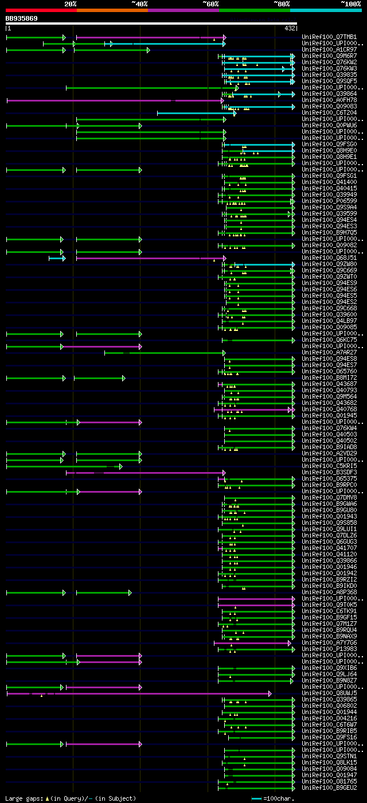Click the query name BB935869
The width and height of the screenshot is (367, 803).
point(22,18)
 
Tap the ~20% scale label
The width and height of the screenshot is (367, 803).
point(70,3)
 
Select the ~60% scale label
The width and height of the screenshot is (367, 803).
point(210,3)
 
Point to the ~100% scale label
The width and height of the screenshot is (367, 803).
point(350,3)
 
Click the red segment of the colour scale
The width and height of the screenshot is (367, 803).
point(41,10)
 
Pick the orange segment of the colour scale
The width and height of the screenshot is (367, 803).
point(112,10)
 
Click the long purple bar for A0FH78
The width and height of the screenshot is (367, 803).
point(115,100)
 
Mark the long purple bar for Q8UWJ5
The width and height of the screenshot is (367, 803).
point(138,693)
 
